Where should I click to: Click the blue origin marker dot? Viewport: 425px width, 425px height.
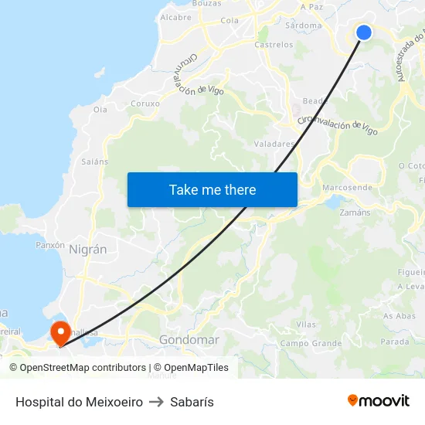click(363, 32)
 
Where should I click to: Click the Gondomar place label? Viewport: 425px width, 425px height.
click(189, 340)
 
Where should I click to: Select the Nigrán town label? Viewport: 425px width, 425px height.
click(87, 250)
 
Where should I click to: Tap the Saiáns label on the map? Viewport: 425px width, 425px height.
click(94, 161)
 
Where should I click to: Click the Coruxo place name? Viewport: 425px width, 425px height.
click(145, 103)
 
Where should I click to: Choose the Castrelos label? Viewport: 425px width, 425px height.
click(274, 45)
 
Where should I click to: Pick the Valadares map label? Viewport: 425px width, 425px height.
click(274, 144)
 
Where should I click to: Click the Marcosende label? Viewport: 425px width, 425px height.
click(347, 188)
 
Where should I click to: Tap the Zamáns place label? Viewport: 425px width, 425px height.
click(355, 212)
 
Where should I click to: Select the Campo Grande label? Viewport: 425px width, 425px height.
click(311, 343)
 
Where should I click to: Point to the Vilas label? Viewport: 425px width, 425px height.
click(306, 325)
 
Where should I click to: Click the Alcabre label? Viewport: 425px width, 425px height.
click(175, 17)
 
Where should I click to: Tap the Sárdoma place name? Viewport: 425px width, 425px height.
click(303, 25)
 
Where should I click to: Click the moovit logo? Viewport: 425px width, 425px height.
click(378, 401)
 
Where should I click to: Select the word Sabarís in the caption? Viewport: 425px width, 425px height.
click(192, 402)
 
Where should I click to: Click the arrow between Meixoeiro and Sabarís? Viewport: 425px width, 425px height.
click(156, 402)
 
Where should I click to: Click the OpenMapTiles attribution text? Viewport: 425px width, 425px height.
click(191, 368)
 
